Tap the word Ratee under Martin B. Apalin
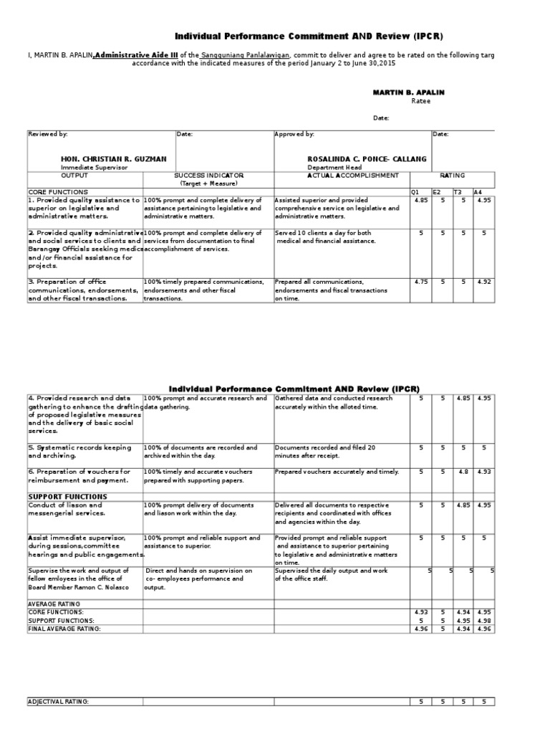click(421, 101)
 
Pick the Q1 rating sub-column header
click(414, 192)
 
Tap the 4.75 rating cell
click(420, 282)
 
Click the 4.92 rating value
click(484, 282)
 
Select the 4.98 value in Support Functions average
click(484, 620)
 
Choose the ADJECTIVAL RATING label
click(58, 702)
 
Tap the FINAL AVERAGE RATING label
click(64, 628)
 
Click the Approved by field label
click(294, 134)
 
